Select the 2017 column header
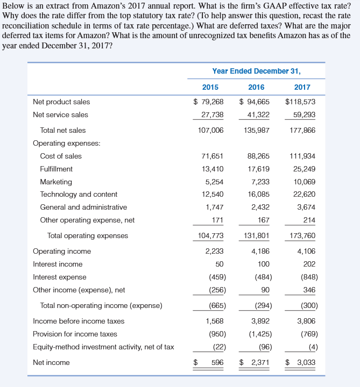click(x=302, y=87)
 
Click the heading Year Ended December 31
click(x=256, y=71)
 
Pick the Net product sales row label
click(x=61, y=102)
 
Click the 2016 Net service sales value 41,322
click(x=259, y=114)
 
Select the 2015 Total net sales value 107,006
click(x=210, y=130)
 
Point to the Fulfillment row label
click(x=57, y=169)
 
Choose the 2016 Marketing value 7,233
click(x=260, y=182)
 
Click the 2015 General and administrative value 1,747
click(x=214, y=207)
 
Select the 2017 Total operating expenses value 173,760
click(x=302, y=235)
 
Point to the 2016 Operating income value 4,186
click(x=260, y=251)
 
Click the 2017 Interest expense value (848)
click(x=307, y=277)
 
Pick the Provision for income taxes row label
click(x=75, y=334)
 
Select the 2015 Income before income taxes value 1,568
click(x=215, y=321)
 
